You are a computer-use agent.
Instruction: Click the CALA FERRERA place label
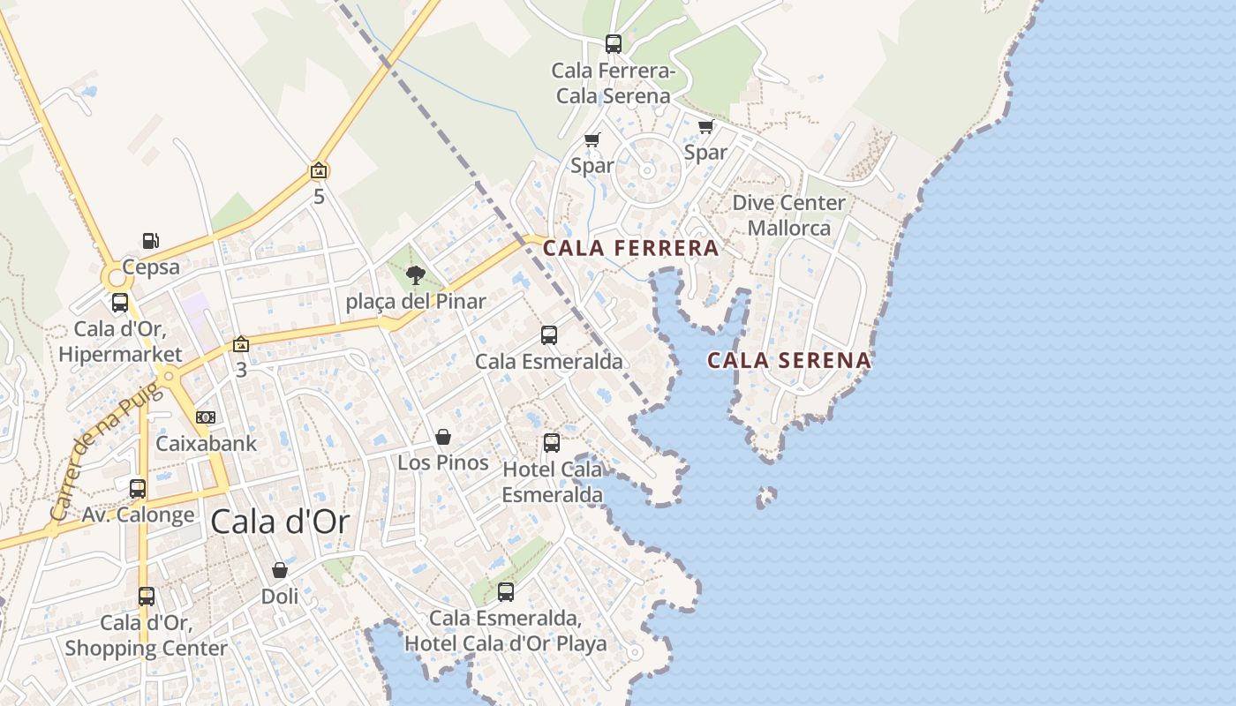630,249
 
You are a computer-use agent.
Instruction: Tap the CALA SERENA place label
789,360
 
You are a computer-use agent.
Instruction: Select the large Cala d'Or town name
280,522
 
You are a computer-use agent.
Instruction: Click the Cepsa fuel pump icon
151,240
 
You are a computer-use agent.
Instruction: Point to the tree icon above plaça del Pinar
415,275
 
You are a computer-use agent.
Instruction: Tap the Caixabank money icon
206,417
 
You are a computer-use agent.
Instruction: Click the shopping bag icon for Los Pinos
443,437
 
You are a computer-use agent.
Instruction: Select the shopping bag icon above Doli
280,570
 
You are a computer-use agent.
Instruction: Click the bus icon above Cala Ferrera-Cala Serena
613,43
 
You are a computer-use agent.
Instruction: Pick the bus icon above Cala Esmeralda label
549,334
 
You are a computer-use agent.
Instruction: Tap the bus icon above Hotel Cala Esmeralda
552,442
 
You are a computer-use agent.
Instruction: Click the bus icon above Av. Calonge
138,488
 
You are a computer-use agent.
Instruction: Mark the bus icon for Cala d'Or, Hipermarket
120,303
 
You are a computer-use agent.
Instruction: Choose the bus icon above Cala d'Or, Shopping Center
147,597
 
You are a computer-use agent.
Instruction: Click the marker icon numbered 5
319,171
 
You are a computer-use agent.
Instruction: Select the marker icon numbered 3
241,344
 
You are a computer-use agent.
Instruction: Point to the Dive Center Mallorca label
789,215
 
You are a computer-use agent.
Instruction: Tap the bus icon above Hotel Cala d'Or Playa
506,591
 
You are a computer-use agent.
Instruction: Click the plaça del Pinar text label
415,302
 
